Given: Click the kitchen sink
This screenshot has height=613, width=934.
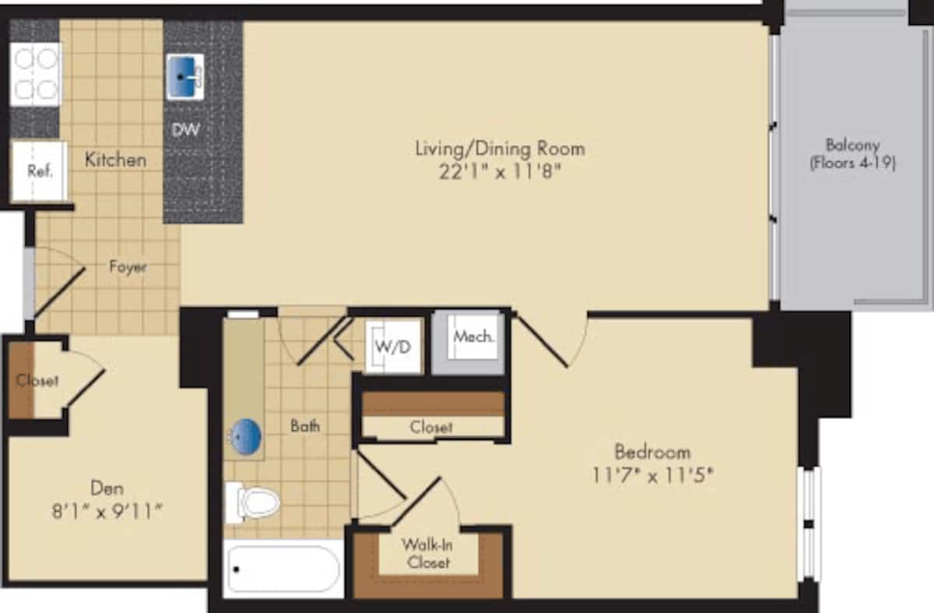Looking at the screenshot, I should click(184, 76).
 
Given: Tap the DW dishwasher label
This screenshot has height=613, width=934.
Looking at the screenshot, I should click(185, 130).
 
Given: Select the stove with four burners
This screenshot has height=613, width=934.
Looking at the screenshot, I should click(35, 73).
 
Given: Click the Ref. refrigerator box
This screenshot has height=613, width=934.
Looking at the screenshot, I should click(39, 171).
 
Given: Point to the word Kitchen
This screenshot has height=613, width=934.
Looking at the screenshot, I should click(115, 160).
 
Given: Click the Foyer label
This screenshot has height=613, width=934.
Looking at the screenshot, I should click(128, 266).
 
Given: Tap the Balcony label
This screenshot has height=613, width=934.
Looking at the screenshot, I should click(853, 145).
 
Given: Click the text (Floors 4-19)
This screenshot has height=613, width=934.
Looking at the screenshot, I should click(853, 164).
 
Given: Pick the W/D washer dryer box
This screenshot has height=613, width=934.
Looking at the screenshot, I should click(394, 347).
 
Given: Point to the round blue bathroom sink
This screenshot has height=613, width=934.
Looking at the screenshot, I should click(248, 437).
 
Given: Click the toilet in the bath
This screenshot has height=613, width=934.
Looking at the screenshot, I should click(252, 502).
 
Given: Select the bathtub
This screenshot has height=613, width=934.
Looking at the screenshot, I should click(283, 569).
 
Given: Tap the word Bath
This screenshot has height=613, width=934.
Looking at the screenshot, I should click(304, 426).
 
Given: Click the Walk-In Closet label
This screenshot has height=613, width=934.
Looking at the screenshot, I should click(427, 552).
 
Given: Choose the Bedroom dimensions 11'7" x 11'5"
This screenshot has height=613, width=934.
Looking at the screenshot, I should click(651, 474).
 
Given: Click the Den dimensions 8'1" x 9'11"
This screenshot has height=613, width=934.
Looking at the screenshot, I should click(106, 512).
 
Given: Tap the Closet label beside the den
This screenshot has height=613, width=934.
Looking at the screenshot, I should click(37, 381).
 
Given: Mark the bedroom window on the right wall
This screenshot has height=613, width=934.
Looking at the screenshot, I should click(810, 523).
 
